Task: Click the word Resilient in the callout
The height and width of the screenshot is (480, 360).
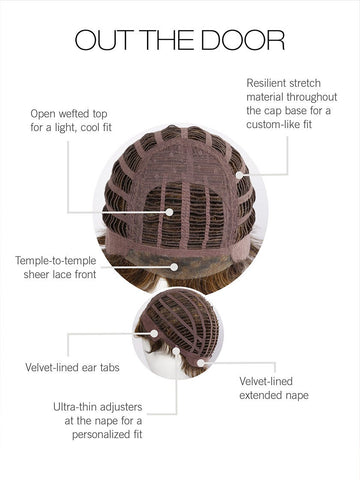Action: [x=265, y=83]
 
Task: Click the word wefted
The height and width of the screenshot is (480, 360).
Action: [x=74, y=114]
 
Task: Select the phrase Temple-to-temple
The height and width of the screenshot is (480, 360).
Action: [x=56, y=261]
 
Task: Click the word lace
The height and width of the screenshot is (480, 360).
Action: [x=60, y=275]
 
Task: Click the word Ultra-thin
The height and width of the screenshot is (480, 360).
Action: [x=75, y=407]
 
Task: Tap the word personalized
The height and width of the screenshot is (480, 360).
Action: [x=97, y=435]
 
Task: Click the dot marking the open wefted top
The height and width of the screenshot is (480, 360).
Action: [x=169, y=212]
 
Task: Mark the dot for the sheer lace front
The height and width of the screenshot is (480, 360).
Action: [x=174, y=267]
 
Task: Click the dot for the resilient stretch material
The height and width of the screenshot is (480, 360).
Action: [x=239, y=175]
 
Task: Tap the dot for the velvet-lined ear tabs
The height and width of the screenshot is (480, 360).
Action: [x=154, y=333]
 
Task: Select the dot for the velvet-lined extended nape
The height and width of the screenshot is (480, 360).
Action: [x=201, y=363]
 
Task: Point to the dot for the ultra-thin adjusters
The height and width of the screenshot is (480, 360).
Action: [x=176, y=351]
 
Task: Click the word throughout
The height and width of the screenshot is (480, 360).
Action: [x=312, y=97]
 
